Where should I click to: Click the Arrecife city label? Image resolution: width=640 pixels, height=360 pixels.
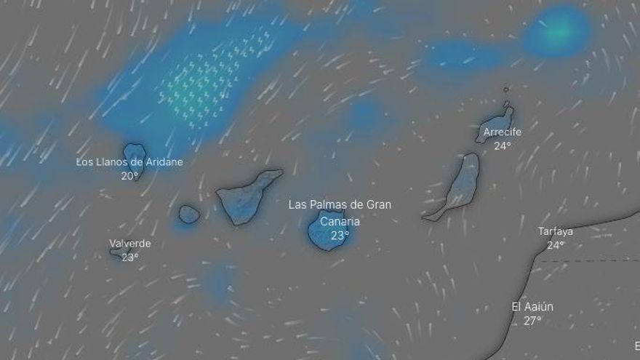(503, 132)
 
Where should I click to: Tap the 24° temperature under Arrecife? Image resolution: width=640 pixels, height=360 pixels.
(503, 145)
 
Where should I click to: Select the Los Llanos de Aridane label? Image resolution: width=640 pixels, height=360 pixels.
(129, 162)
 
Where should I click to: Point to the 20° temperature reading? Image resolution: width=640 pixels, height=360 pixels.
(129, 176)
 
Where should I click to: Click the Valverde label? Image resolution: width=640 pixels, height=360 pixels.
(130, 244)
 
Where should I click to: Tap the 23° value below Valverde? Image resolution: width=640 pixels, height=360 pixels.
(130, 257)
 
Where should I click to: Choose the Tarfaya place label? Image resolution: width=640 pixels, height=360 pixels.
(556, 231)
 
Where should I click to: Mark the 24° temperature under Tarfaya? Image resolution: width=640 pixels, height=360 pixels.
(556, 245)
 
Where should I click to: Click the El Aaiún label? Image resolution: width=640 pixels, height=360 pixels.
(532, 307)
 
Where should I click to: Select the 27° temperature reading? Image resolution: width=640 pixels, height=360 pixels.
(532, 321)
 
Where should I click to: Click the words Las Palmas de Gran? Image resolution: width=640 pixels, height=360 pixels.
(340, 205)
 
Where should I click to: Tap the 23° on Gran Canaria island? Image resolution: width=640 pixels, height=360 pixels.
(340, 235)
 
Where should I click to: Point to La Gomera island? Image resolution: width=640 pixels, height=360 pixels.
(189, 214)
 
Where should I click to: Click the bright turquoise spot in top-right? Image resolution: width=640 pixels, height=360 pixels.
(559, 31)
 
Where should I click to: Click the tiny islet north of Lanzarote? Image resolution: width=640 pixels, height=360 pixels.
(506, 90)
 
